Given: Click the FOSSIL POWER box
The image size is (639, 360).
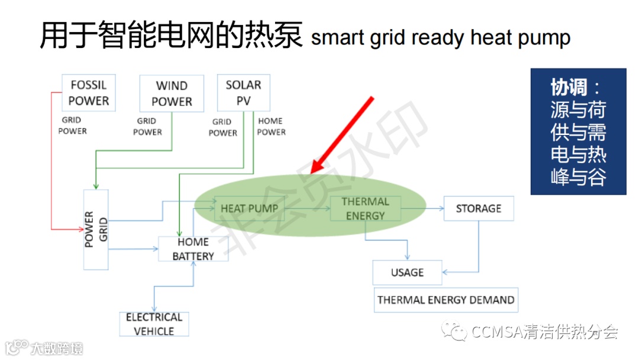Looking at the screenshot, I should click(89, 93).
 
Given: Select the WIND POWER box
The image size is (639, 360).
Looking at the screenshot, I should click(172, 94).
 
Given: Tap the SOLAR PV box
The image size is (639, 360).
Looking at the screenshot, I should click(243, 93).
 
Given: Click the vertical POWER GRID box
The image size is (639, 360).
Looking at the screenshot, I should click(96, 230).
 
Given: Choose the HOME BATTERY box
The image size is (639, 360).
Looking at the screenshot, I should click(193, 249).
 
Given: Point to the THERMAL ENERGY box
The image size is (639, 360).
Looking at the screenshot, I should click(365, 208).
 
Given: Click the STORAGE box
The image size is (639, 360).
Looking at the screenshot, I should click(478, 208).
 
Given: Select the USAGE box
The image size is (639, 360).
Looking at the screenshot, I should click(407, 272).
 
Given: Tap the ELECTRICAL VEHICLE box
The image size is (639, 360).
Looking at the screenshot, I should click(154, 324).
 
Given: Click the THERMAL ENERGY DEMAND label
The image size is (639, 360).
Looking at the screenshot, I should click(446, 300).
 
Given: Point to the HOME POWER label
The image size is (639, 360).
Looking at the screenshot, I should click(272, 127).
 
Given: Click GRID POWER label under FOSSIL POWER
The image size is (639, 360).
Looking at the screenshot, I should click(72, 126).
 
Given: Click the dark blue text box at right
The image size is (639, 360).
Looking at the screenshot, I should click(577, 131).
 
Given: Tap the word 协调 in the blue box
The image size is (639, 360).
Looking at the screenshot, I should click(569, 88).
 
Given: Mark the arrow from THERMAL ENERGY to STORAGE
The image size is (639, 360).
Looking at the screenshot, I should click(422, 208).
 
